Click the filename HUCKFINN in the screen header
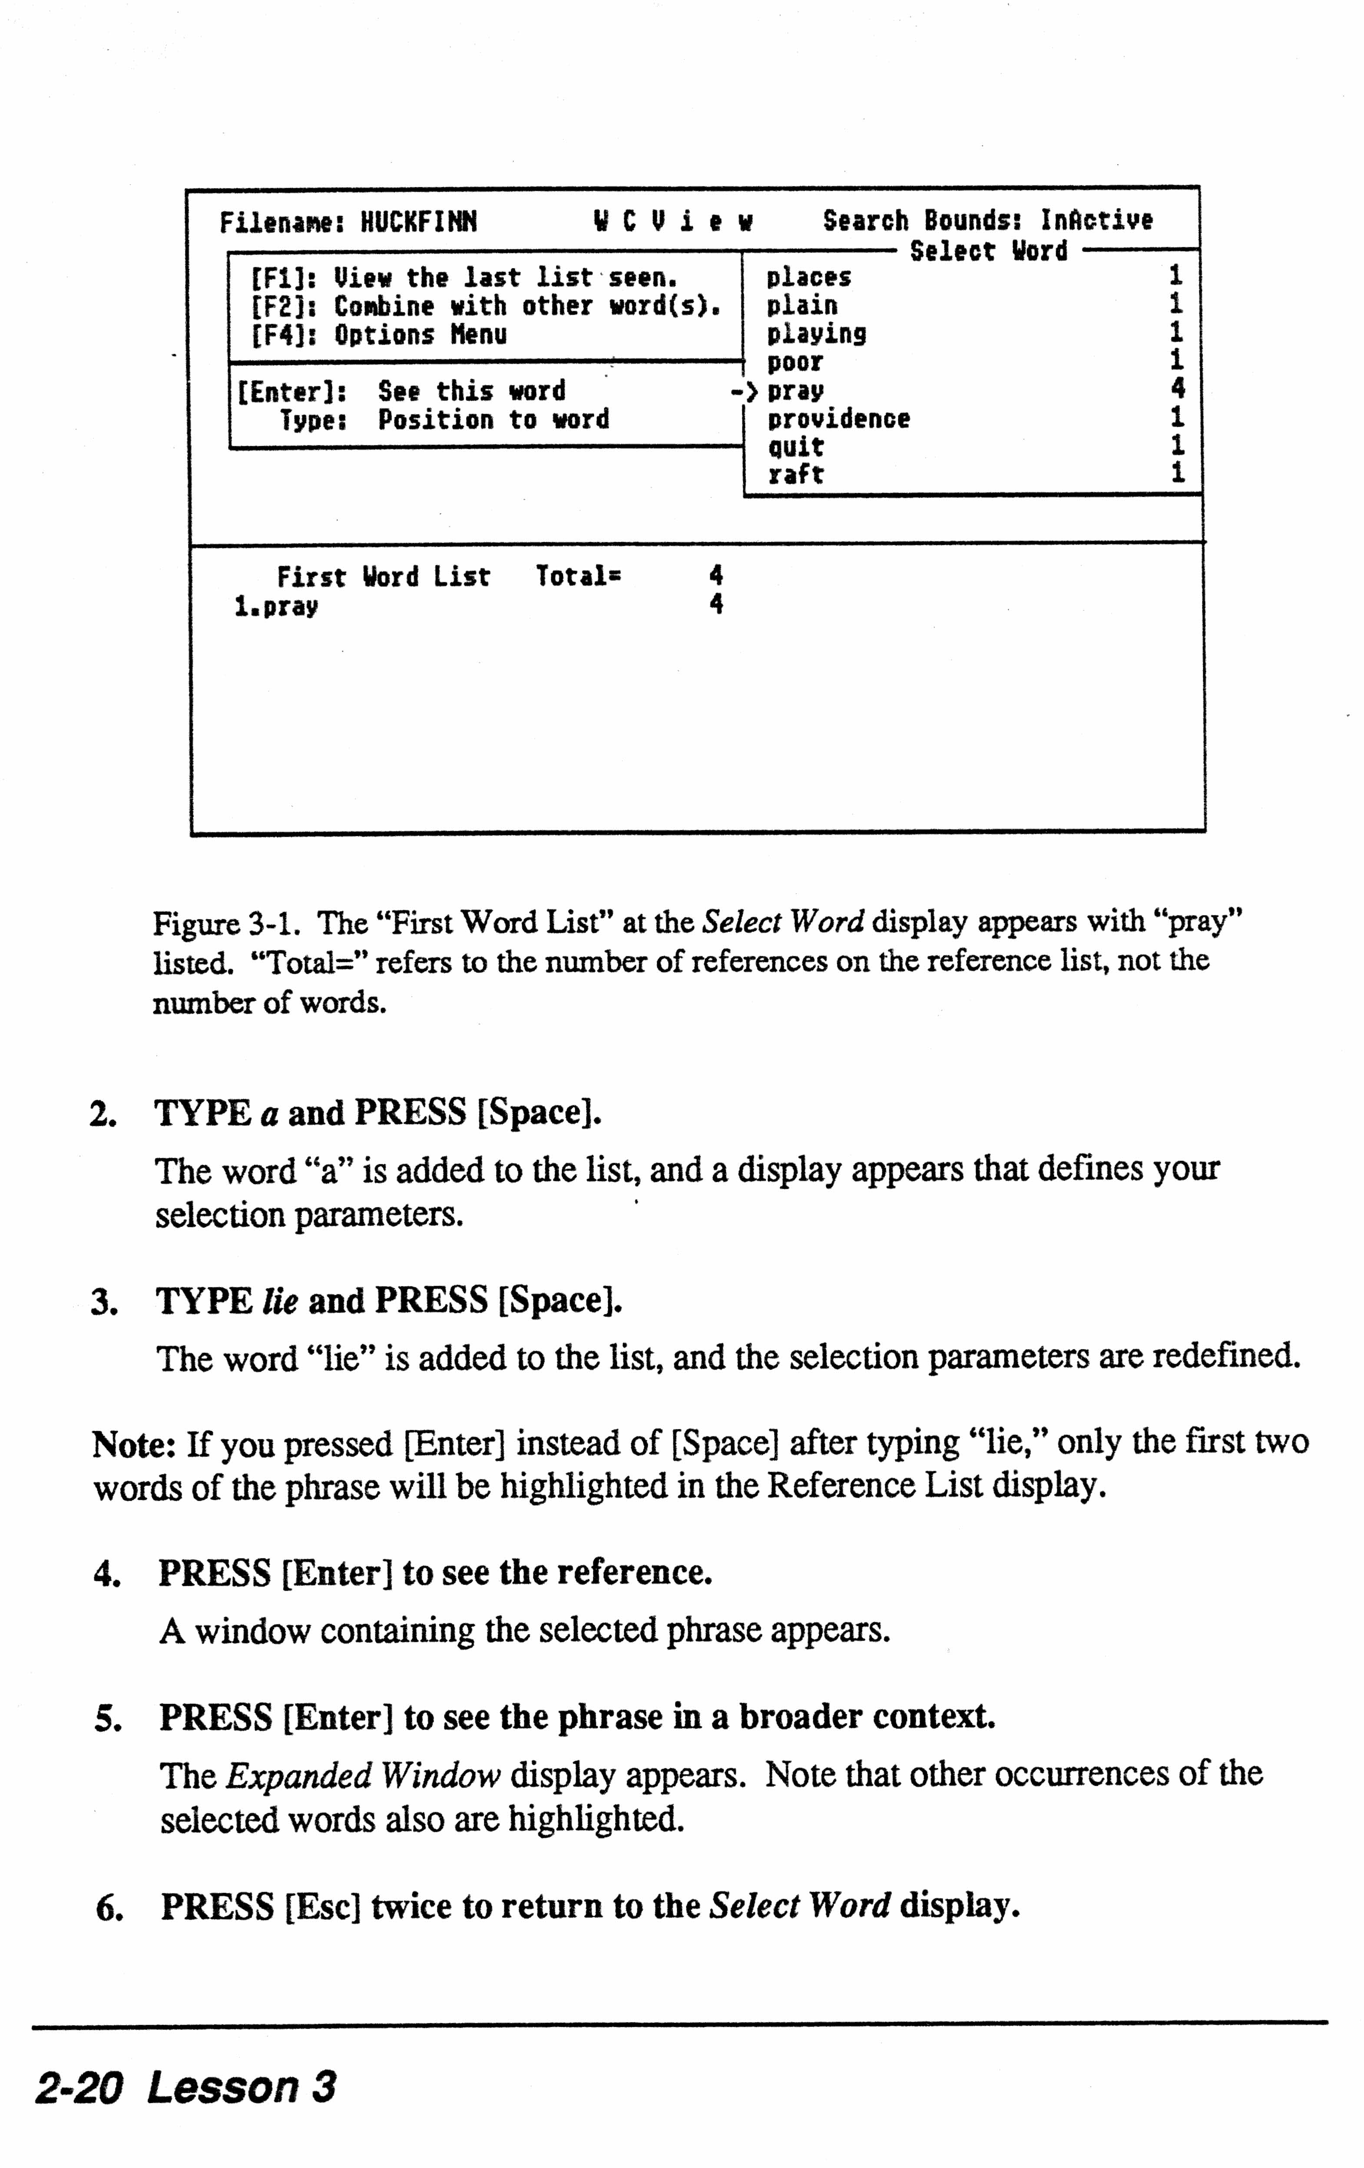[419, 222]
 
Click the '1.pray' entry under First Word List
[275, 606]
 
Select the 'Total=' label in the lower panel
[578, 576]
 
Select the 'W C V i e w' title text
[672, 222]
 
